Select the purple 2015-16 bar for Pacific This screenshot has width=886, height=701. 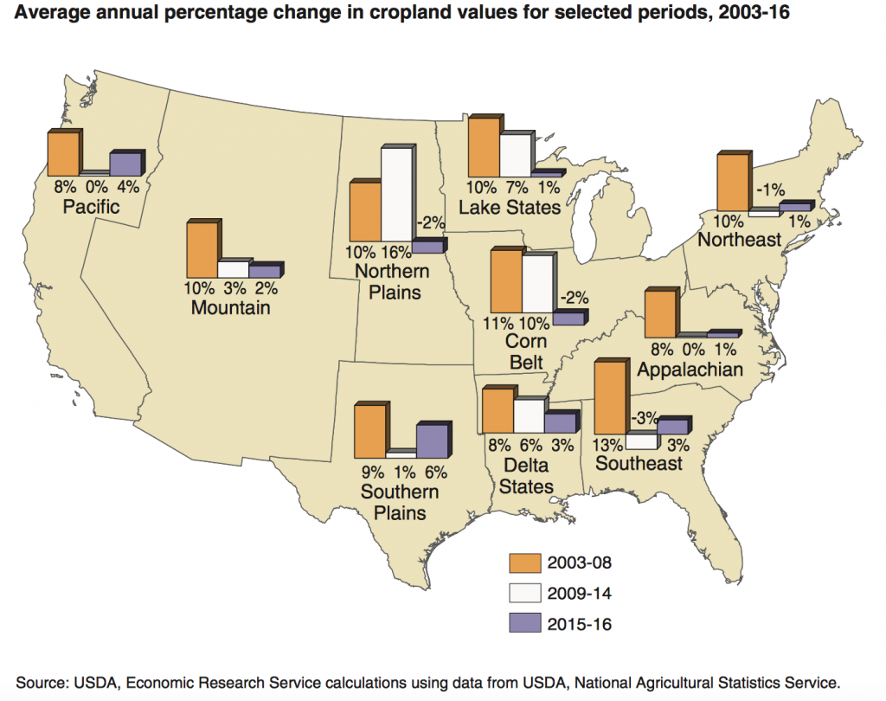point(124,164)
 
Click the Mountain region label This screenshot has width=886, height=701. point(231,307)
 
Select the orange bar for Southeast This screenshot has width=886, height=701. point(609,398)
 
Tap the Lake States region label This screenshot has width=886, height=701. point(510,208)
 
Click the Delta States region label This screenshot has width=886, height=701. point(515,477)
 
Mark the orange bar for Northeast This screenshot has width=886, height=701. point(731,183)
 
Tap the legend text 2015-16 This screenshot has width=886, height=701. point(580,622)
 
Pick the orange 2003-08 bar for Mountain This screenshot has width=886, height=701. point(202,249)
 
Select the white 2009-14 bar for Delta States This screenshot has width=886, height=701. point(528,415)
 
